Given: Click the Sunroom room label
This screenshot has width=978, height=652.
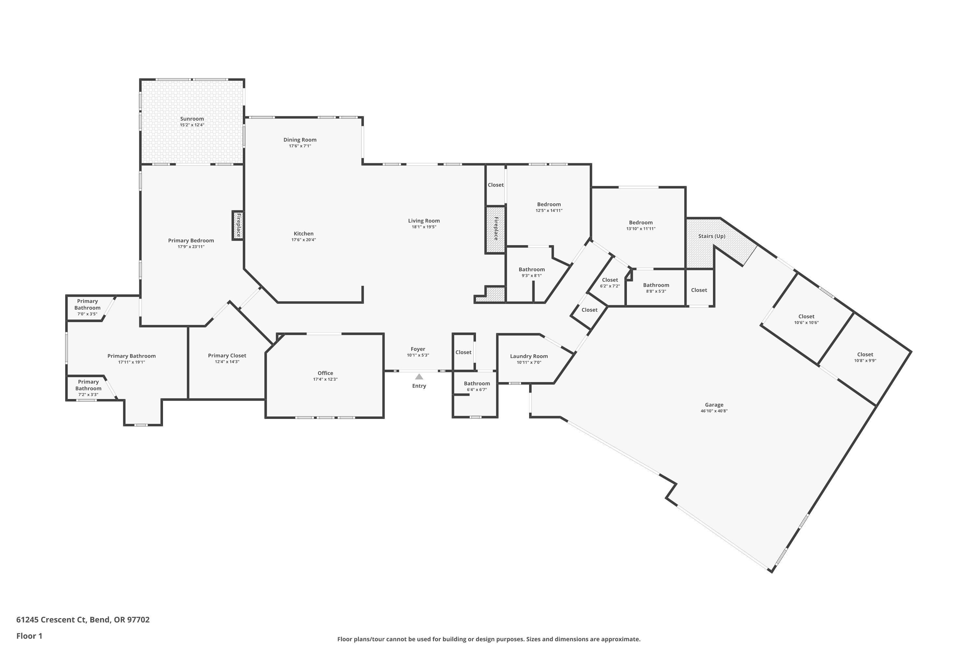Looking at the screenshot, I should click(x=192, y=119).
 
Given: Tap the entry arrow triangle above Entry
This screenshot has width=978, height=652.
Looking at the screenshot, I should click(x=419, y=377).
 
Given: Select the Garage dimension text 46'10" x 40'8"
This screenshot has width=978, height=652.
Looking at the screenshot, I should click(x=714, y=411).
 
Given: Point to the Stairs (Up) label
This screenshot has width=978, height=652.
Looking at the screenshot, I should click(x=711, y=236).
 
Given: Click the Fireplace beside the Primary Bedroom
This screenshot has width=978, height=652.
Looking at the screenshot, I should click(x=238, y=225).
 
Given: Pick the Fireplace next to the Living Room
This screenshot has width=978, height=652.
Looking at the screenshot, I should click(x=496, y=229).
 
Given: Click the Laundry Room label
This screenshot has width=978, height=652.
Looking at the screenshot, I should click(x=529, y=356).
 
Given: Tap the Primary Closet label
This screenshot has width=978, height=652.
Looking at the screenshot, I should click(x=227, y=356).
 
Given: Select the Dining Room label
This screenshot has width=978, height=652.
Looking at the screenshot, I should click(x=300, y=140).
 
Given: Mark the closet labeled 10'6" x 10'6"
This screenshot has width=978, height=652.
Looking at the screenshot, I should click(x=806, y=319).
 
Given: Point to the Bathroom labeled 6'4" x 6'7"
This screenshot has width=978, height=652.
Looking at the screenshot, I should click(x=477, y=386).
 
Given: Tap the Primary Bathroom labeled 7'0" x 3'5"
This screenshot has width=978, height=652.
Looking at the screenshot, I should click(x=87, y=307).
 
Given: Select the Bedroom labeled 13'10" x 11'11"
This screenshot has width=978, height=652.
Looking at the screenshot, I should click(x=641, y=225).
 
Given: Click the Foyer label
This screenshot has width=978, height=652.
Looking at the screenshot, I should click(x=418, y=349).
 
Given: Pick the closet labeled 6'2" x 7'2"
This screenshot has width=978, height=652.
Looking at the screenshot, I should click(x=610, y=283).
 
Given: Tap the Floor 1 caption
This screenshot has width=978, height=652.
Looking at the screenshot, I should click(x=29, y=636).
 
